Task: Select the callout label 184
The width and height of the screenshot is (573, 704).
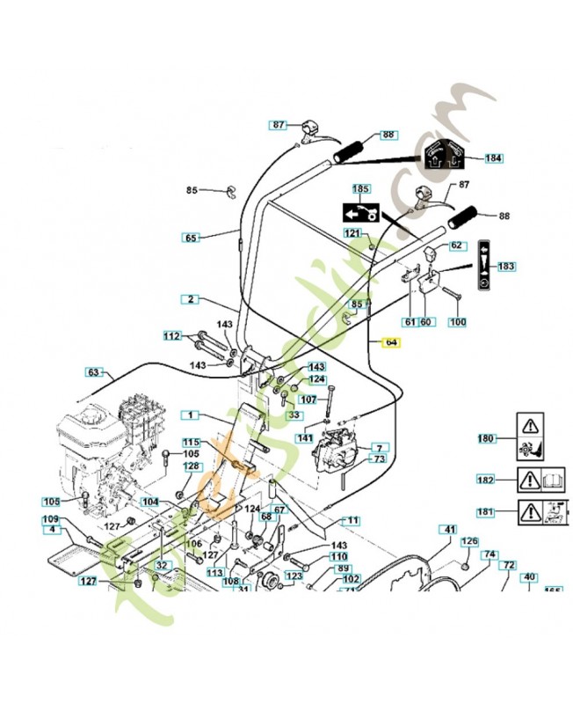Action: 494,158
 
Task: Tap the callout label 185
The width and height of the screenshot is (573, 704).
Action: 361,189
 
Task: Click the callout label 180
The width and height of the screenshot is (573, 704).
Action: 486,438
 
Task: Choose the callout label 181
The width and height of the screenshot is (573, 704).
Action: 486,511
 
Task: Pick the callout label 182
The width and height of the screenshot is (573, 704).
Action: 486,480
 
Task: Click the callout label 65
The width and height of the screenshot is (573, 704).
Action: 191,238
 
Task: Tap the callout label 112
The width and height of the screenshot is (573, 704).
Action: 172,335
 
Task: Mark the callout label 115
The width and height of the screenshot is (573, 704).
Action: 191,443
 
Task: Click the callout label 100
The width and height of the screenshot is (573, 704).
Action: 457,322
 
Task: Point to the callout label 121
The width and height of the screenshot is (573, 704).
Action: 352,233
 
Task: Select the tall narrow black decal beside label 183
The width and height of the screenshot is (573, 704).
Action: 483,268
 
